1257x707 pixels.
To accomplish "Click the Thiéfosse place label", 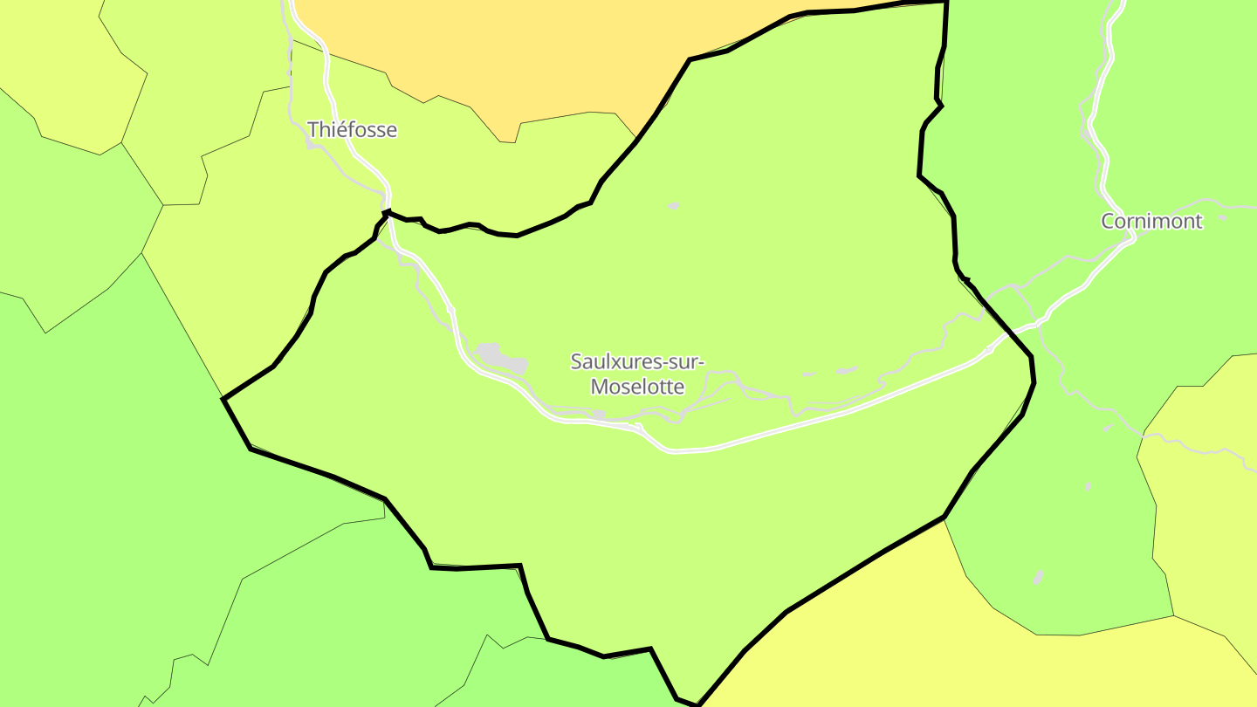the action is [352, 130].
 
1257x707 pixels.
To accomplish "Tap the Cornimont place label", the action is [1151, 221].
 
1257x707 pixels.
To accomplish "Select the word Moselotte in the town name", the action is [638, 386].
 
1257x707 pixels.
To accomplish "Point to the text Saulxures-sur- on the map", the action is [637, 360].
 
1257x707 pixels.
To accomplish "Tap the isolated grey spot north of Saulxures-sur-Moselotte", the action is [673, 206].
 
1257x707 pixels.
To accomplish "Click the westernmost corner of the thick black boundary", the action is [224, 399].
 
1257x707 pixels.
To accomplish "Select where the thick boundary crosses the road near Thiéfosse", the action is [387, 212].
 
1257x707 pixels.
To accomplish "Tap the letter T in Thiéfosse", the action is [313, 130].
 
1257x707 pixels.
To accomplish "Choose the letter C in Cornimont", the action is [1108, 221].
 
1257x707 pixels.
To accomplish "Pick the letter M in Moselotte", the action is [600, 386].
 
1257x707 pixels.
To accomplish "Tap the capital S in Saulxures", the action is [576, 360].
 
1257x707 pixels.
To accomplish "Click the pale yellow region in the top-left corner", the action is [44, 44].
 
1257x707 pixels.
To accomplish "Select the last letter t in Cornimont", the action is [1198, 221].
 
